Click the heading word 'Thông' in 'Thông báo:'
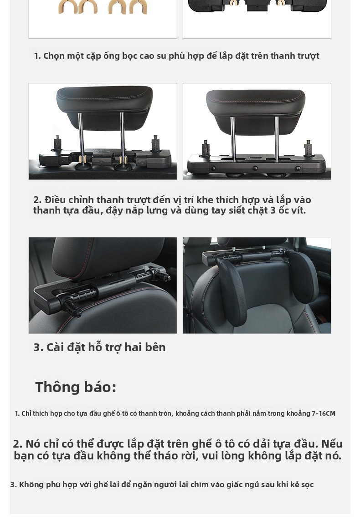click(x=57, y=387)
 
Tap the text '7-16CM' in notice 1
click(x=324, y=413)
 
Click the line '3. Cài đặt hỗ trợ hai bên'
click(x=99, y=347)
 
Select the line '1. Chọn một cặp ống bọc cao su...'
click(x=176, y=56)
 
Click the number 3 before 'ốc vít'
click(x=273, y=210)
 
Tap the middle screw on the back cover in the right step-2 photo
click(x=256, y=168)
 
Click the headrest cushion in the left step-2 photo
click(x=104, y=107)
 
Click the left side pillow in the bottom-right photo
click(x=232, y=290)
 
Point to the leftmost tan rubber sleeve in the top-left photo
click(x=67, y=7)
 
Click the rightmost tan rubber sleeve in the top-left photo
click(x=138, y=7)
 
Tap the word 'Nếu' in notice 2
click(x=332, y=443)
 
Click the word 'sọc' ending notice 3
click(x=307, y=485)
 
